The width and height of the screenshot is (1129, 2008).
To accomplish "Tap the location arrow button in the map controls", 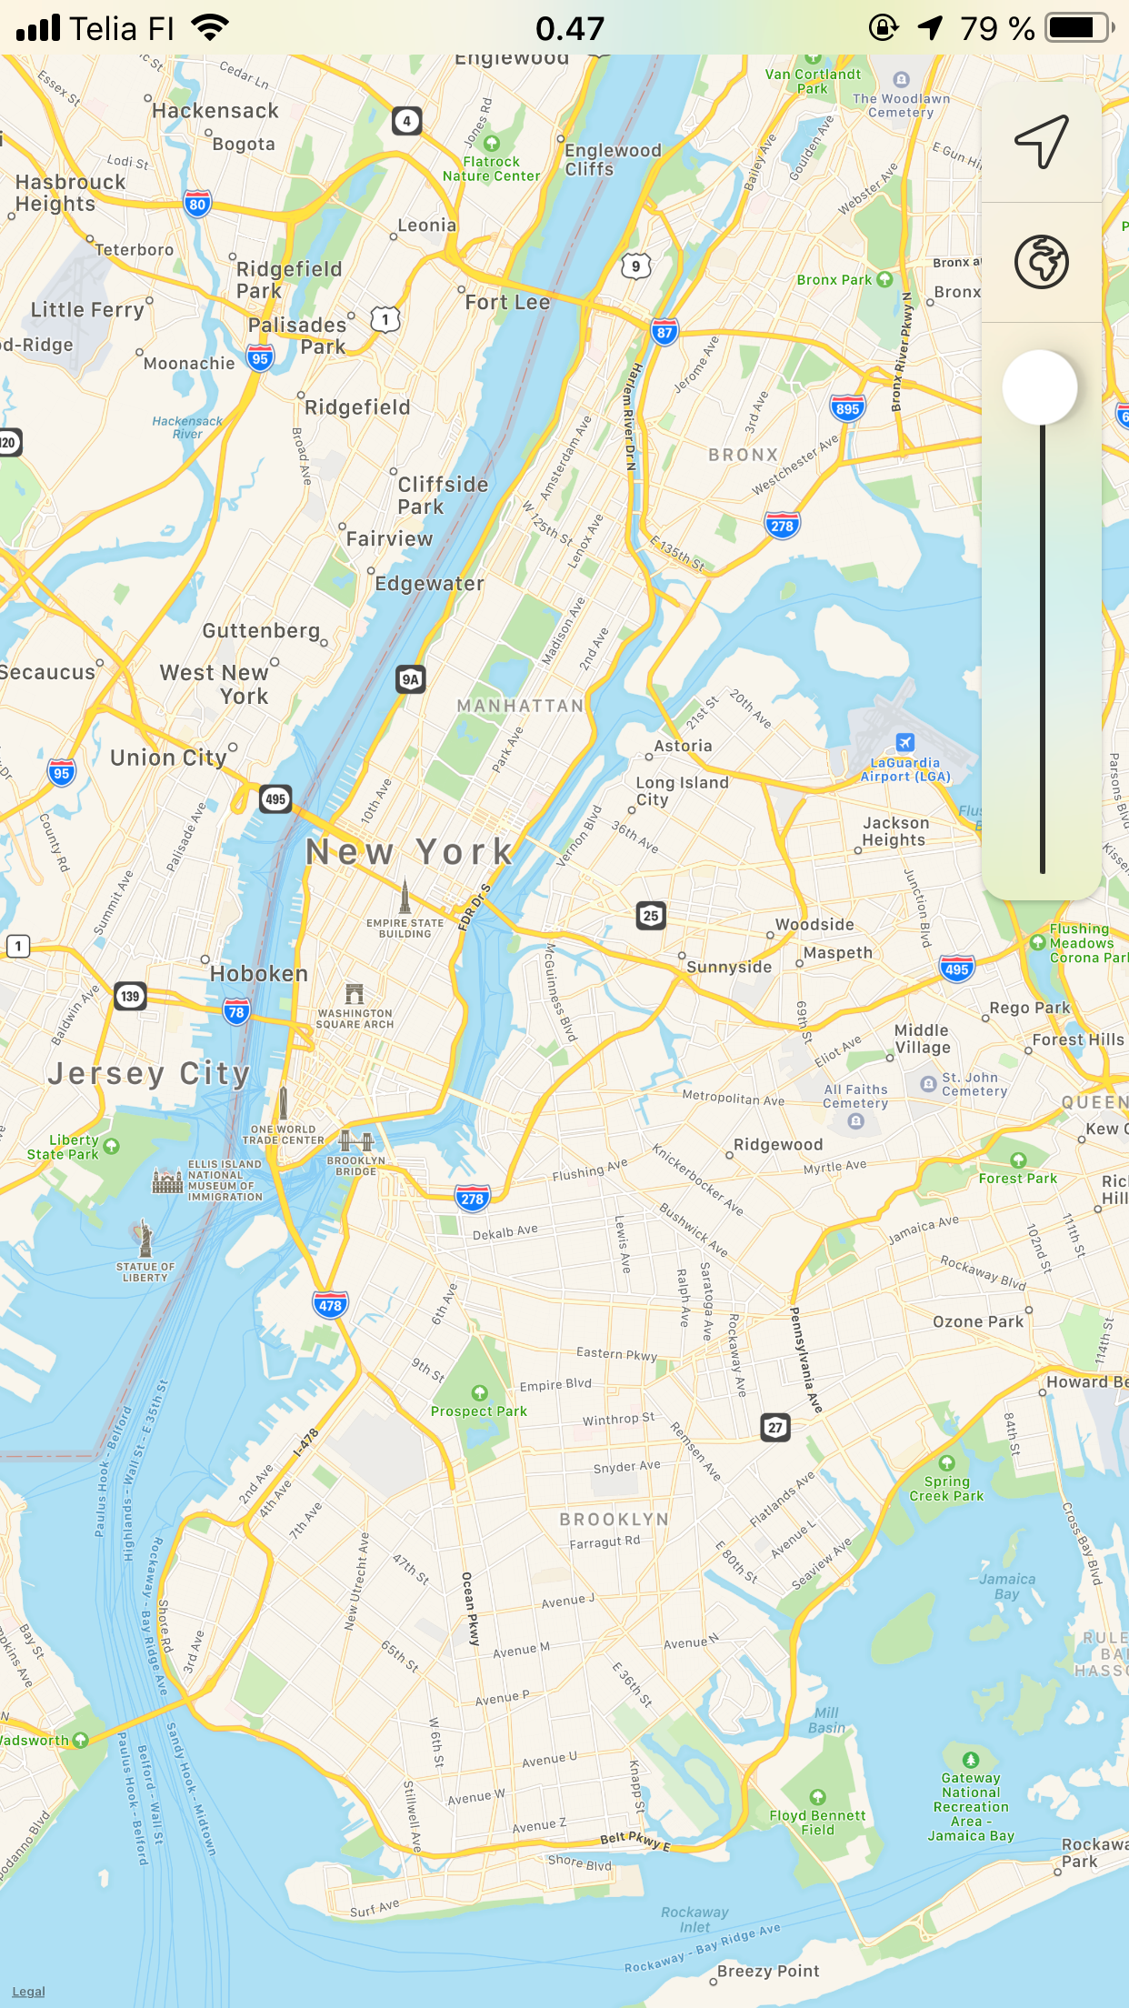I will point(1042,142).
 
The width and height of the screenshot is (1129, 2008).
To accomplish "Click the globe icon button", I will point(1042,262).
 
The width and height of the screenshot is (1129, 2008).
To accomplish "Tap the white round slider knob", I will point(1040,387).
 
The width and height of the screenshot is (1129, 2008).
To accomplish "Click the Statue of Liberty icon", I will point(145,1238).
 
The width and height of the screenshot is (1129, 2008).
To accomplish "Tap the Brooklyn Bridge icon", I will point(356,1140).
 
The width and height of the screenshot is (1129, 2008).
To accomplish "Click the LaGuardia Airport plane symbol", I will point(904,742).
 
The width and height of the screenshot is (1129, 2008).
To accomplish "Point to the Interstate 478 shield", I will point(330,1305).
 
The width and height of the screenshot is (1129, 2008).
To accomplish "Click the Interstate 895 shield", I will point(847,408).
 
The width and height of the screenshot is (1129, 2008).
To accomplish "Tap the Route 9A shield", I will point(411,678).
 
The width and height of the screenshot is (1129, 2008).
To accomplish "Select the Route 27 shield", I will point(775,1427).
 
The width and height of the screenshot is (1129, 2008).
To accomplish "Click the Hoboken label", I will point(259,974).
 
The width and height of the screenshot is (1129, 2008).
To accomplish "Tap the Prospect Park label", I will point(479,1411).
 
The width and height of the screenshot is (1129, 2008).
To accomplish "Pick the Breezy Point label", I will point(768,1971).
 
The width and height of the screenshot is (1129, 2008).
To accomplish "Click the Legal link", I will point(28,1991).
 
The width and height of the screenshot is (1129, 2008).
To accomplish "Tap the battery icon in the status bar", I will point(1079,28).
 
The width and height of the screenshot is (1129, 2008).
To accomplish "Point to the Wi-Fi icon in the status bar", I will point(210,28).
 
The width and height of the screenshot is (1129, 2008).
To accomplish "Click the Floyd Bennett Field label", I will point(817,1822).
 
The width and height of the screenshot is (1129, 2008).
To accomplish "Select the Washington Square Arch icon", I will point(355,993).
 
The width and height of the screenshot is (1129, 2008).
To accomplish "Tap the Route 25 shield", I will point(651,916).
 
